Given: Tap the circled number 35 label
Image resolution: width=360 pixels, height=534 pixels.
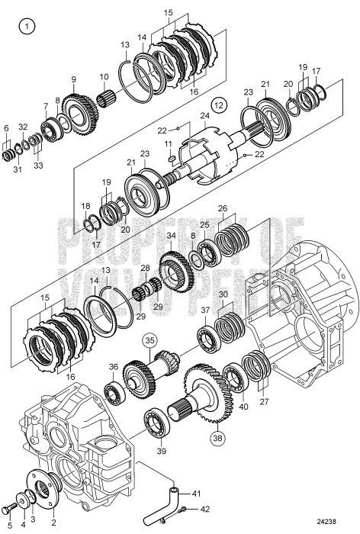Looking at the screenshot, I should click(x=149, y=342).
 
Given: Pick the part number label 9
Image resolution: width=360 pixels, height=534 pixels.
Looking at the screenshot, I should click(x=73, y=79).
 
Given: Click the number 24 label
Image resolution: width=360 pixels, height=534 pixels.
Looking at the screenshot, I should click(x=204, y=116).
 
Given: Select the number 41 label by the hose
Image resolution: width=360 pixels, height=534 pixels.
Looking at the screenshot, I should click(x=196, y=493).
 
